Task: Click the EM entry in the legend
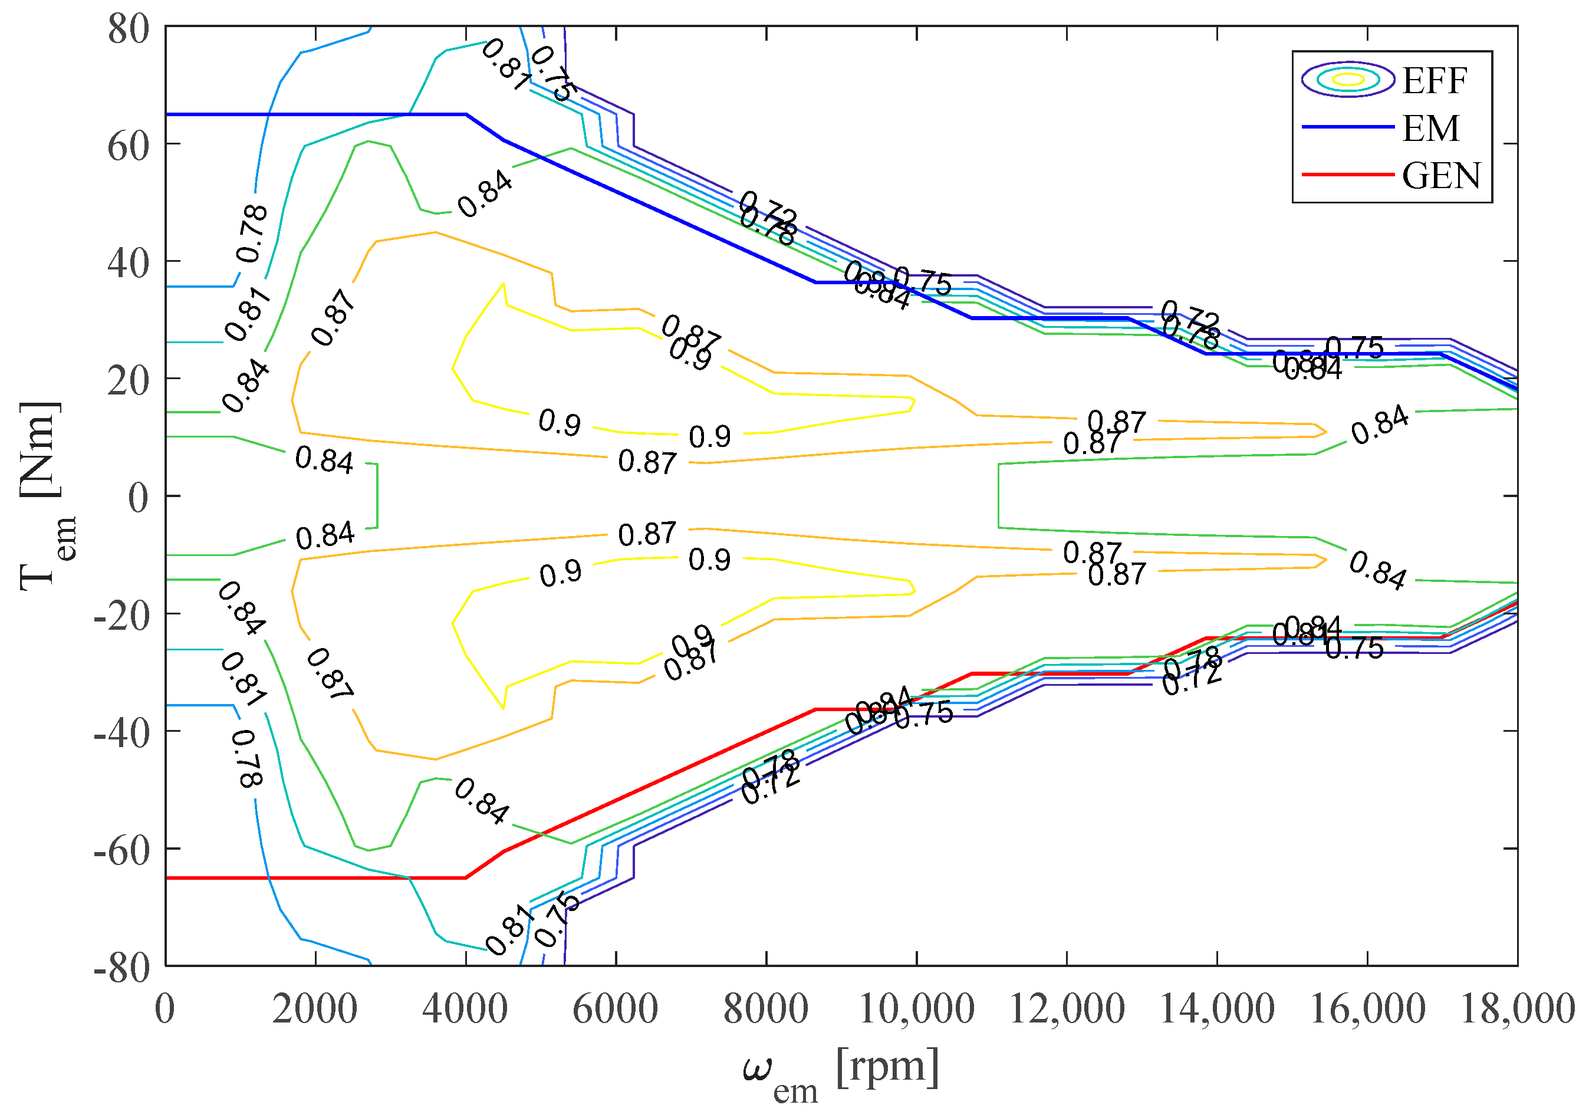click(1429, 128)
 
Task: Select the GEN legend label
click(1440, 176)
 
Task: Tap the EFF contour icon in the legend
click(1347, 80)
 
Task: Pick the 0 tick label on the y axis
click(139, 498)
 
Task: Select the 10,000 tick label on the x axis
click(916, 1010)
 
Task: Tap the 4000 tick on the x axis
click(465, 1010)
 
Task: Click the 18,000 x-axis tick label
click(1517, 1010)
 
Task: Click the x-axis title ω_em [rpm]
click(841, 1070)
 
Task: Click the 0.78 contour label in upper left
click(251, 234)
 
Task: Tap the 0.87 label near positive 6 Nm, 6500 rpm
click(646, 462)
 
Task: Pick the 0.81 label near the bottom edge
click(509, 935)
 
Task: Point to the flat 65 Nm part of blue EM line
click(311, 114)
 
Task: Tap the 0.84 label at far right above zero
click(1379, 425)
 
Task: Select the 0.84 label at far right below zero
click(1378, 570)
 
